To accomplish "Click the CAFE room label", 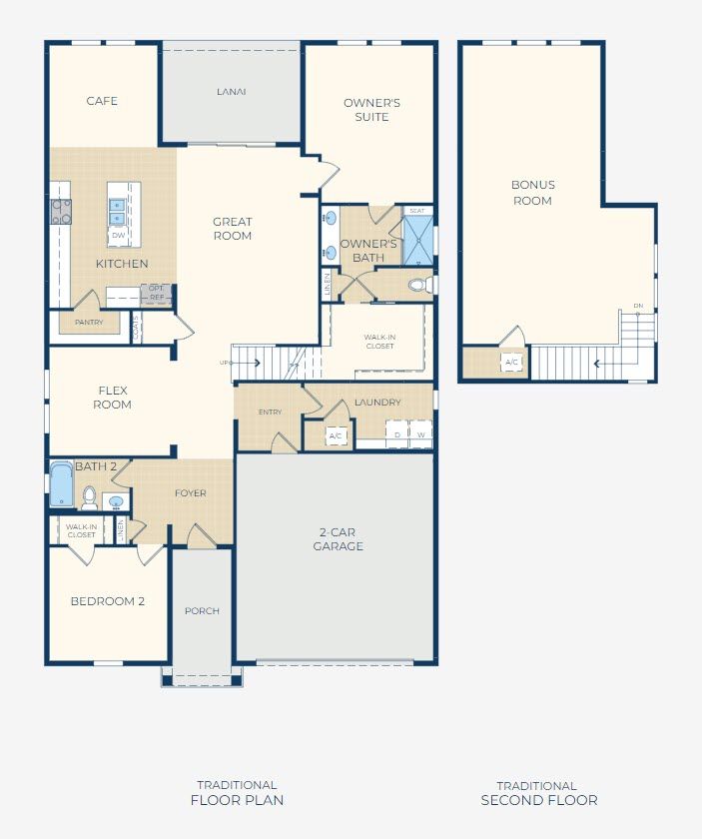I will [x=102, y=101].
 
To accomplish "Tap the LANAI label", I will [x=232, y=92].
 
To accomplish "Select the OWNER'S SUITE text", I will [x=371, y=110].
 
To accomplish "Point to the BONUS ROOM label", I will [x=532, y=193].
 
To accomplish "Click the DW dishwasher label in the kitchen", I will [x=118, y=236].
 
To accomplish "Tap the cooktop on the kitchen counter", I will [x=61, y=211].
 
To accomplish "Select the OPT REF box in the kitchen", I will [x=157, y=293].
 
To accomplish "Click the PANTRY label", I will [x=89, y=323].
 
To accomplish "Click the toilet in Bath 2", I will [x=89, y=496].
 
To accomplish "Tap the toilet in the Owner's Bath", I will [x=418, y=285].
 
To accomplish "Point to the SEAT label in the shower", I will [x=417, y=211].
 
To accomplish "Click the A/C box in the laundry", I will [x=336, y=436].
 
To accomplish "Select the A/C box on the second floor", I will [x=512, y=362].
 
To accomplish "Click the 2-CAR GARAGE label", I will [x=338, y=539].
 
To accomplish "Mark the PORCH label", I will [x=203, y=610].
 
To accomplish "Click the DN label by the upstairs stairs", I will [x=637, y=307].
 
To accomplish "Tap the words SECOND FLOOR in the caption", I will [x=539, y=800].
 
